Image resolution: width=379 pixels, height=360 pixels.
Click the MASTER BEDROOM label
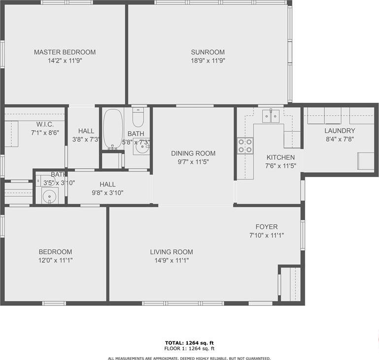pyautogui.click(x=65, y=52)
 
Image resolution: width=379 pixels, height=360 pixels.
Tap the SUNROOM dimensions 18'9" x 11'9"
pyautogui.click(x=208, y=60)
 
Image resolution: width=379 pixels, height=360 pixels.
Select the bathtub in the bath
pyautogui.click(x=113, y=129)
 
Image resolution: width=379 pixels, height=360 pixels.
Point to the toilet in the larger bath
pyautogui.click(x=138, y=117)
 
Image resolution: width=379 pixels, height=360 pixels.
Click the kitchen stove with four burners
pyautogui.click(x=245, y=146)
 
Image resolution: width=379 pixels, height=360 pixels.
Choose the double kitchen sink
pyautogui.click(x=271, y=116)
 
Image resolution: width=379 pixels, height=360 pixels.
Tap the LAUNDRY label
pyautogui.click(x=340, y=130)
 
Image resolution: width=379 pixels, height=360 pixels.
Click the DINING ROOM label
pyautogui.click(x=193, y=153)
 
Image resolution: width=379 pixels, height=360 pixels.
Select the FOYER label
pyautogui.click(x=266, y=227)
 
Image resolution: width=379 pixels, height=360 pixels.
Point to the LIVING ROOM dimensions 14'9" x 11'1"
pyautogui.click(x=172, y=260)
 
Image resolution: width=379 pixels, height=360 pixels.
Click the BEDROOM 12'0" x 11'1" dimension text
pyautogui.click(x=56, y=260)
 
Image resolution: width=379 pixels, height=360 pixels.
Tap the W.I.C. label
pyautogui.click(x=45, y=124)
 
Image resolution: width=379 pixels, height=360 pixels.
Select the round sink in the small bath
pyautogui.click(x=50, y=196)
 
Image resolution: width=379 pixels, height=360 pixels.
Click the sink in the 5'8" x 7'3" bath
pyautogui.click(x=142, y=147)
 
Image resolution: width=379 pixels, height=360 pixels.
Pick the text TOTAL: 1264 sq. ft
pyautogui.click(x=189, y=343)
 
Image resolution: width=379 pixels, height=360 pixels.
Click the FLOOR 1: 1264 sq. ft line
pyautogui.click(x=189, y=349)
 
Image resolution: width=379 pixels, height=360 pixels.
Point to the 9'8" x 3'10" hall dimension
pyautogui.click(x=108, y=193)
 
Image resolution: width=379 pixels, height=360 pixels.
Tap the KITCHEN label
pyautogui.click(x=281, y=157)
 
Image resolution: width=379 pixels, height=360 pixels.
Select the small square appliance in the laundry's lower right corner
pyautogui.click(x=366, y=161)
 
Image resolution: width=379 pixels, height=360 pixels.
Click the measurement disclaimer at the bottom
pyautogui.click(x=189, y=359)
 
